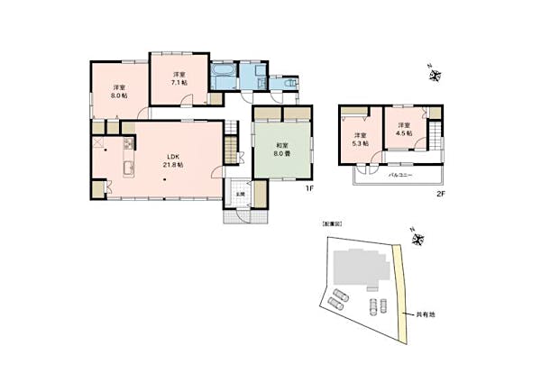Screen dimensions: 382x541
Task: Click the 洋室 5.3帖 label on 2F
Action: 359,139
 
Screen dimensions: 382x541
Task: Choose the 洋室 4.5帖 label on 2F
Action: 402,129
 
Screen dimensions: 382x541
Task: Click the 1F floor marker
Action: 308,189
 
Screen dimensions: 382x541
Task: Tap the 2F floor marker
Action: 441,193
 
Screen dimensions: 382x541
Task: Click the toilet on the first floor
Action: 289,81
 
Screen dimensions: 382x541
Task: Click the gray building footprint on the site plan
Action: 353,268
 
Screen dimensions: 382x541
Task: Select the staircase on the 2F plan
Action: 436,140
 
